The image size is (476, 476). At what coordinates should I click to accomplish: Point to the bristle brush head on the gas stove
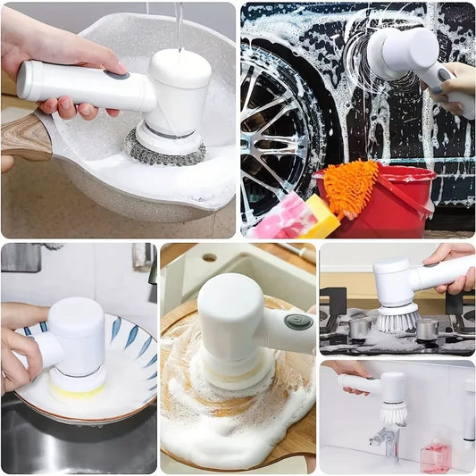pos(397,318)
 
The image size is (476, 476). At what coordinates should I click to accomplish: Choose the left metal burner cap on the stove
pos(360,328)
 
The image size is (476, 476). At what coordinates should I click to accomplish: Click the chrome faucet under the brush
pos(387,438)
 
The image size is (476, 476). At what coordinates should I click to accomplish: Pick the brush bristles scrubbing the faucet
pos(394,414)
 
